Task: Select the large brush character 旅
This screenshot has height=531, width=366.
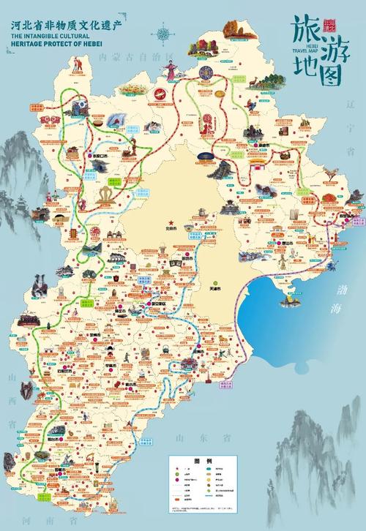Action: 305,31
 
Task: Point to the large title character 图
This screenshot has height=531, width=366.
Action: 329,69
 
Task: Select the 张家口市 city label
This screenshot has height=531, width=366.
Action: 99,156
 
